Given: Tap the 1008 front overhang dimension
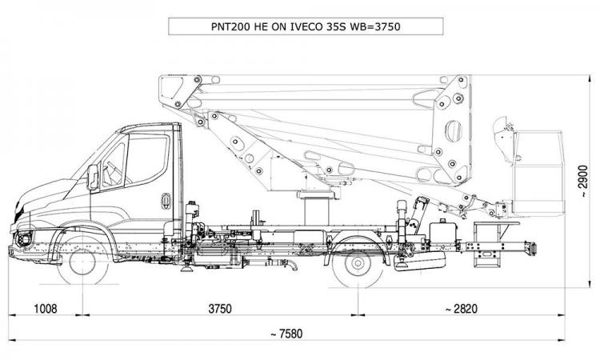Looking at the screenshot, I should [x=46, y=309].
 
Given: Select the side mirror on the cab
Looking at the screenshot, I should [x=94, y=176].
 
